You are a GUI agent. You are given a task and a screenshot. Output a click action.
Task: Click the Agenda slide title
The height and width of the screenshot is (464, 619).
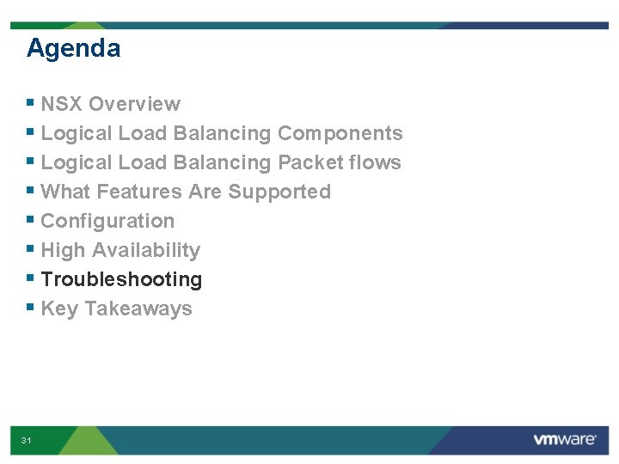(73, 48)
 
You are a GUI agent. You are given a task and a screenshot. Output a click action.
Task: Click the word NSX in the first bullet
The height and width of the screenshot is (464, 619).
(61, 104)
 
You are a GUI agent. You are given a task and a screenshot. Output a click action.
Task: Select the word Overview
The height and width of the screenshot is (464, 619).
(134, 104)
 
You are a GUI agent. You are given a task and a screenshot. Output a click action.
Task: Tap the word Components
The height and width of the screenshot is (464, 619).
(340, 133)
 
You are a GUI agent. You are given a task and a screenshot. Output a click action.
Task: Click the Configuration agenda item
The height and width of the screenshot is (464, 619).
(107, 221)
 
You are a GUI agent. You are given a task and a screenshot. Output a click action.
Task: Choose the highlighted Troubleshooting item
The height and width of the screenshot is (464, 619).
(121, 279)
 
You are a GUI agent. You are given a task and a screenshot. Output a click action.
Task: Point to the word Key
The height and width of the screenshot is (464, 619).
(59, 308)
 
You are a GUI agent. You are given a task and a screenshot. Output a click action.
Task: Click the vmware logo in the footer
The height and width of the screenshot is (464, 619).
(564, 439)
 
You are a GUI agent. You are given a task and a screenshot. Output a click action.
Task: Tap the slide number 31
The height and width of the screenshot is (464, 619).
(27, 440)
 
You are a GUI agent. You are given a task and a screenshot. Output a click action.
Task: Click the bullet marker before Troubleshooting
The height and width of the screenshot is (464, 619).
(30, 278)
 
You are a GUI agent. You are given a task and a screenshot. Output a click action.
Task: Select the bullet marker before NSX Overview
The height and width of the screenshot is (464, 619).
(30, 102)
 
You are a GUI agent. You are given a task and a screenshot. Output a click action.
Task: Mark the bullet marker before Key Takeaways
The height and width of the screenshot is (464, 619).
(30, 307)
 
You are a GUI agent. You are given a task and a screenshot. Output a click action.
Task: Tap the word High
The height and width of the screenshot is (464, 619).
(63, 250)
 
